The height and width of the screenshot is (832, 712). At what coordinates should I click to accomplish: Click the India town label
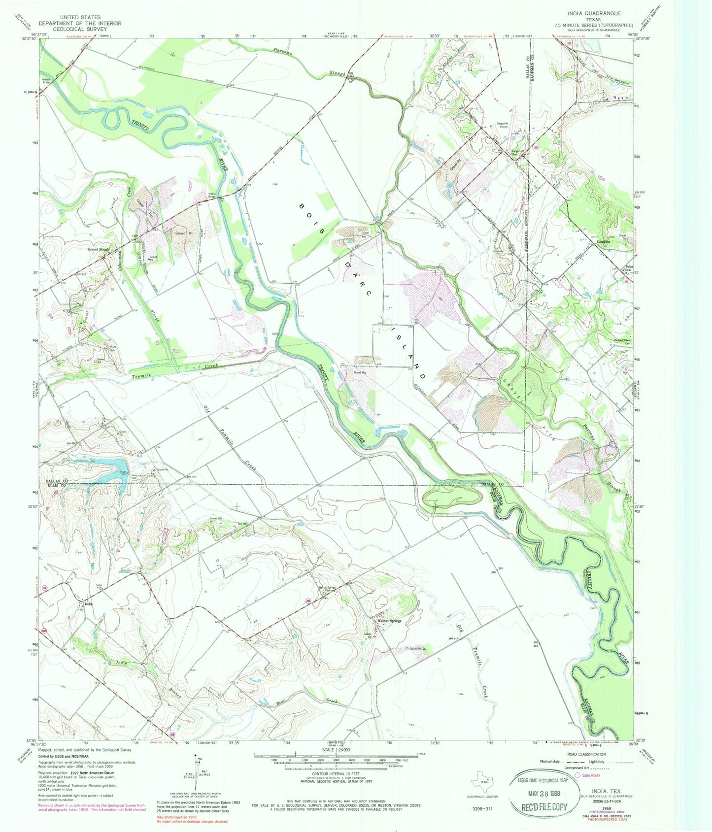click(89, 604)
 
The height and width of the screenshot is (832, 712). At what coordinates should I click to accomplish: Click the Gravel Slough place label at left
click(98, 250)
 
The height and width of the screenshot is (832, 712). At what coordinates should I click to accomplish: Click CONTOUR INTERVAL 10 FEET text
click(335, 781)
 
